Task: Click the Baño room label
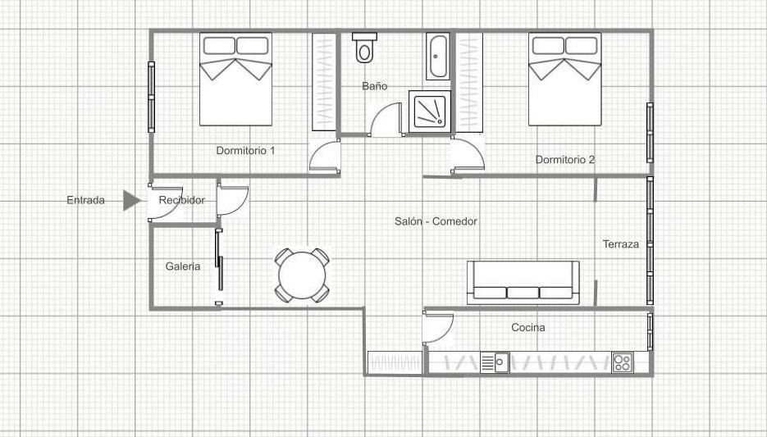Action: coord(375,86)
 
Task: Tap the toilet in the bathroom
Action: coord(364,48)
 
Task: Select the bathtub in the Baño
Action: coord(438,57)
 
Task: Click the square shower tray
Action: coord(430,111)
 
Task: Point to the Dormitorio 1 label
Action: coord(245,151)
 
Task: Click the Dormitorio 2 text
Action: coord(565,159)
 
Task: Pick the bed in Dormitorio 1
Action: coord(235,80)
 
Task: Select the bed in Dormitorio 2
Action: coord(565,80)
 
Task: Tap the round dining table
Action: coord(302,275)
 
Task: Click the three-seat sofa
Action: coord(523,283)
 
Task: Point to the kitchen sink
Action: coord(495,362)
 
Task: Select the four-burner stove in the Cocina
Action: coord(622,362)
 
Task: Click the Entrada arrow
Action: coord(131,200)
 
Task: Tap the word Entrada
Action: coord(85,200)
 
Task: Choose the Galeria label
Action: coord(183,266)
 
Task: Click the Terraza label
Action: coord(621,244)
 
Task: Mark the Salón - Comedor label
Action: coord(436,221)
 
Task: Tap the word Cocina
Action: coord(528,327)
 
